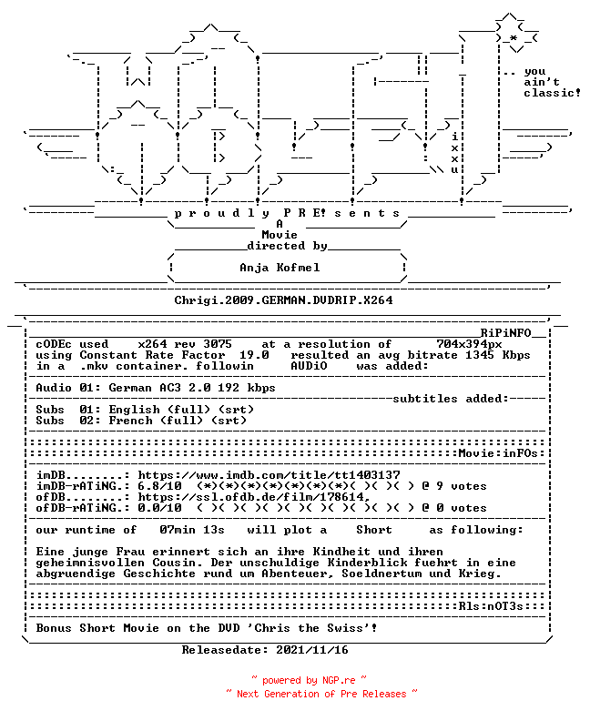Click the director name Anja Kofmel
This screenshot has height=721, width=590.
pyautogui.click(x=280, y=268)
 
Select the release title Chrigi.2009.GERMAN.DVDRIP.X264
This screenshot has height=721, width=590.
pyautogui.click(x=283, y=300)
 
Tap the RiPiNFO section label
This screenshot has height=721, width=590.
pyautogui.click(x=506, y=333)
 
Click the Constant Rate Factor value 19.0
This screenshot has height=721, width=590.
pyautogui.click(x=254, y=355)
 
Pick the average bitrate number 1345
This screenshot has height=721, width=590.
pyautogui.click(x=480, y=355)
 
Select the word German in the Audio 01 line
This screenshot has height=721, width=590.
pyautogui.click(x=130, y=388)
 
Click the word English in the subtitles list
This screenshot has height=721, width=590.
pyautogui.click(x=134, y=410)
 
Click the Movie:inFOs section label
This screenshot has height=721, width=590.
pyautogui.click(x=498, y=453)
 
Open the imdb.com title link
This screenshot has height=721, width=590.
pyautogui.click(x=269, y=475)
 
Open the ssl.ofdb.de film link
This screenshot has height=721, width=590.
pyautogui.click(x=254, y=497)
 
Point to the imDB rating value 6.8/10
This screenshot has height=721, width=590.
pyautogui.click(x=159, y=486)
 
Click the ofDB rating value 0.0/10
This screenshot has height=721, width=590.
pyautogui.click(x=159, y=508)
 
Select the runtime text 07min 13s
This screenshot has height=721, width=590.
pyautogui.click(x=192, y=530)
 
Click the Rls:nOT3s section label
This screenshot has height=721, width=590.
pyautogui.click(x=491, y=606)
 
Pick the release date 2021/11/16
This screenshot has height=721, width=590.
pyautogui.click(x=312, y=650)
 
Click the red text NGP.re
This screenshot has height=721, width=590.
pyautogui.click(x=339, y=681)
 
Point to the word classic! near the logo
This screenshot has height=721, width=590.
pyautogui.click(x=552, y=93)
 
